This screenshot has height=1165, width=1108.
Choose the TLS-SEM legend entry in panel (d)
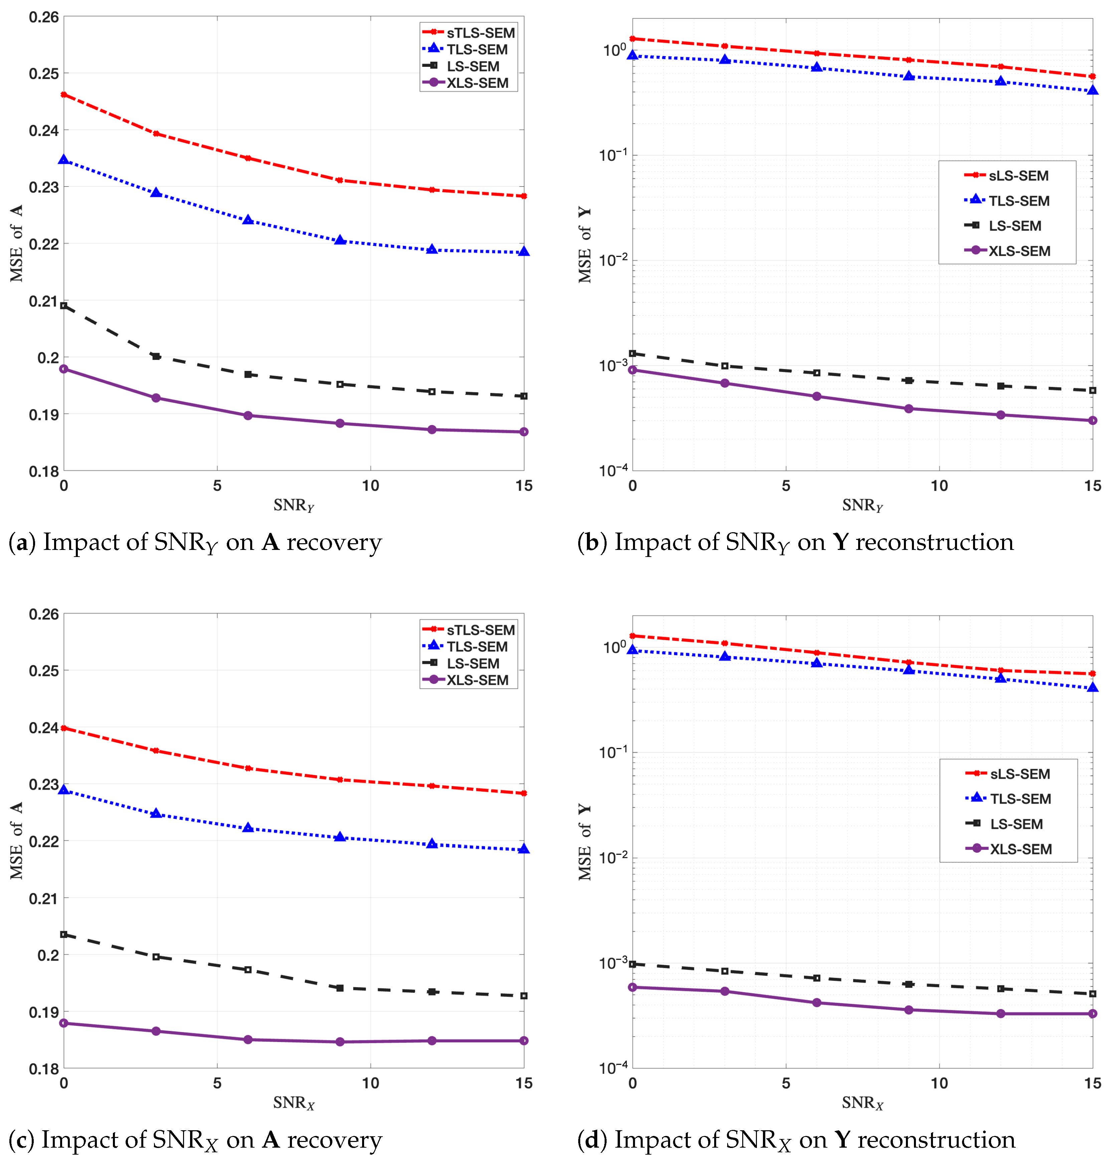tap(1020, 799)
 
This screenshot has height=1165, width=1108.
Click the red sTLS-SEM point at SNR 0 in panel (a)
tap(64, 95)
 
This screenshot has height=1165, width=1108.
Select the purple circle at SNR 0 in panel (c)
tap(64, 1023)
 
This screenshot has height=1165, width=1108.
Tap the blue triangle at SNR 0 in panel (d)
tap(633, 650)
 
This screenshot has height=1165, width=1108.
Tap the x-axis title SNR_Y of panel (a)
tap(294, 506)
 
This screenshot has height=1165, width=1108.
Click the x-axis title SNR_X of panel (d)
tap(862, 1103)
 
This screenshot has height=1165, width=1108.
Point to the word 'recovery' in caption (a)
tap(334, 542)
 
